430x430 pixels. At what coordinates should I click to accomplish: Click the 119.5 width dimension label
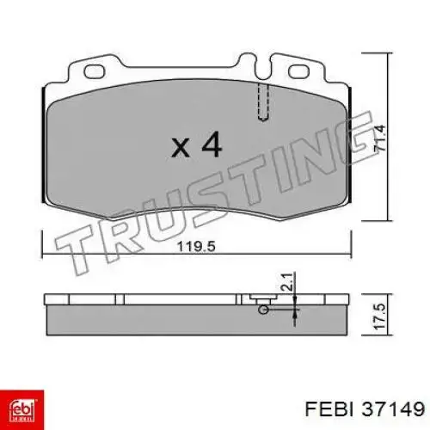196,246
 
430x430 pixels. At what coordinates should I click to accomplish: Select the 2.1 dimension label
287,282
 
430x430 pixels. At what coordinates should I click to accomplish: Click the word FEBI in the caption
329,408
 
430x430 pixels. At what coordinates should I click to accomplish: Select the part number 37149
393,408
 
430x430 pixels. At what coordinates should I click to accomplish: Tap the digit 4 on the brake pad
212,144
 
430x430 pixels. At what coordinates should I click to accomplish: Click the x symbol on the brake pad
181,148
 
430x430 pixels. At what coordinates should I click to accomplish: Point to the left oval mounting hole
95,71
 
